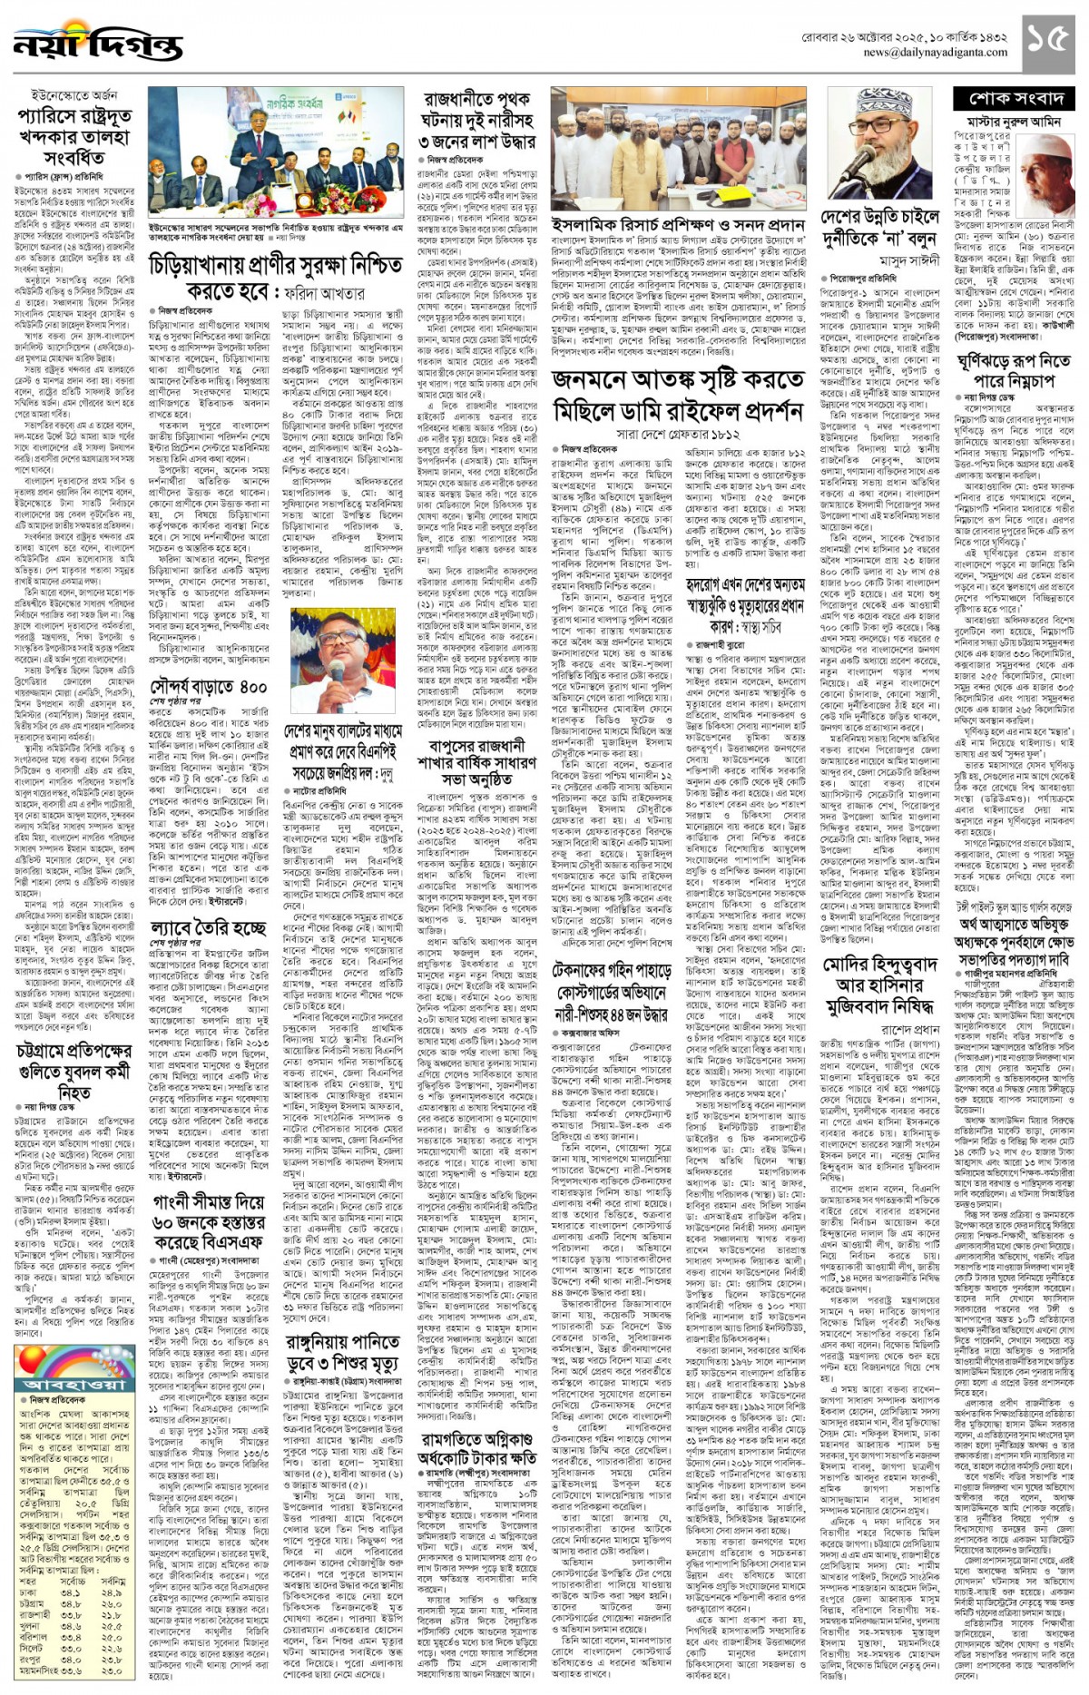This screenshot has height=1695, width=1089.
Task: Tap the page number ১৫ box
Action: point(1052,41)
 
